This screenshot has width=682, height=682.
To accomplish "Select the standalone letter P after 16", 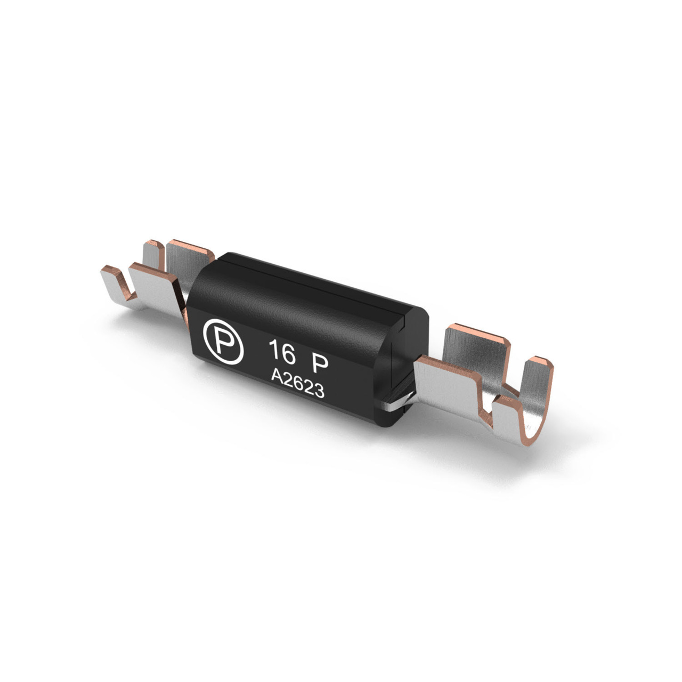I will tap(319, 364).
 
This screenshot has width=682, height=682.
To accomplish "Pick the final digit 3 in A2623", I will tap(319, 392).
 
